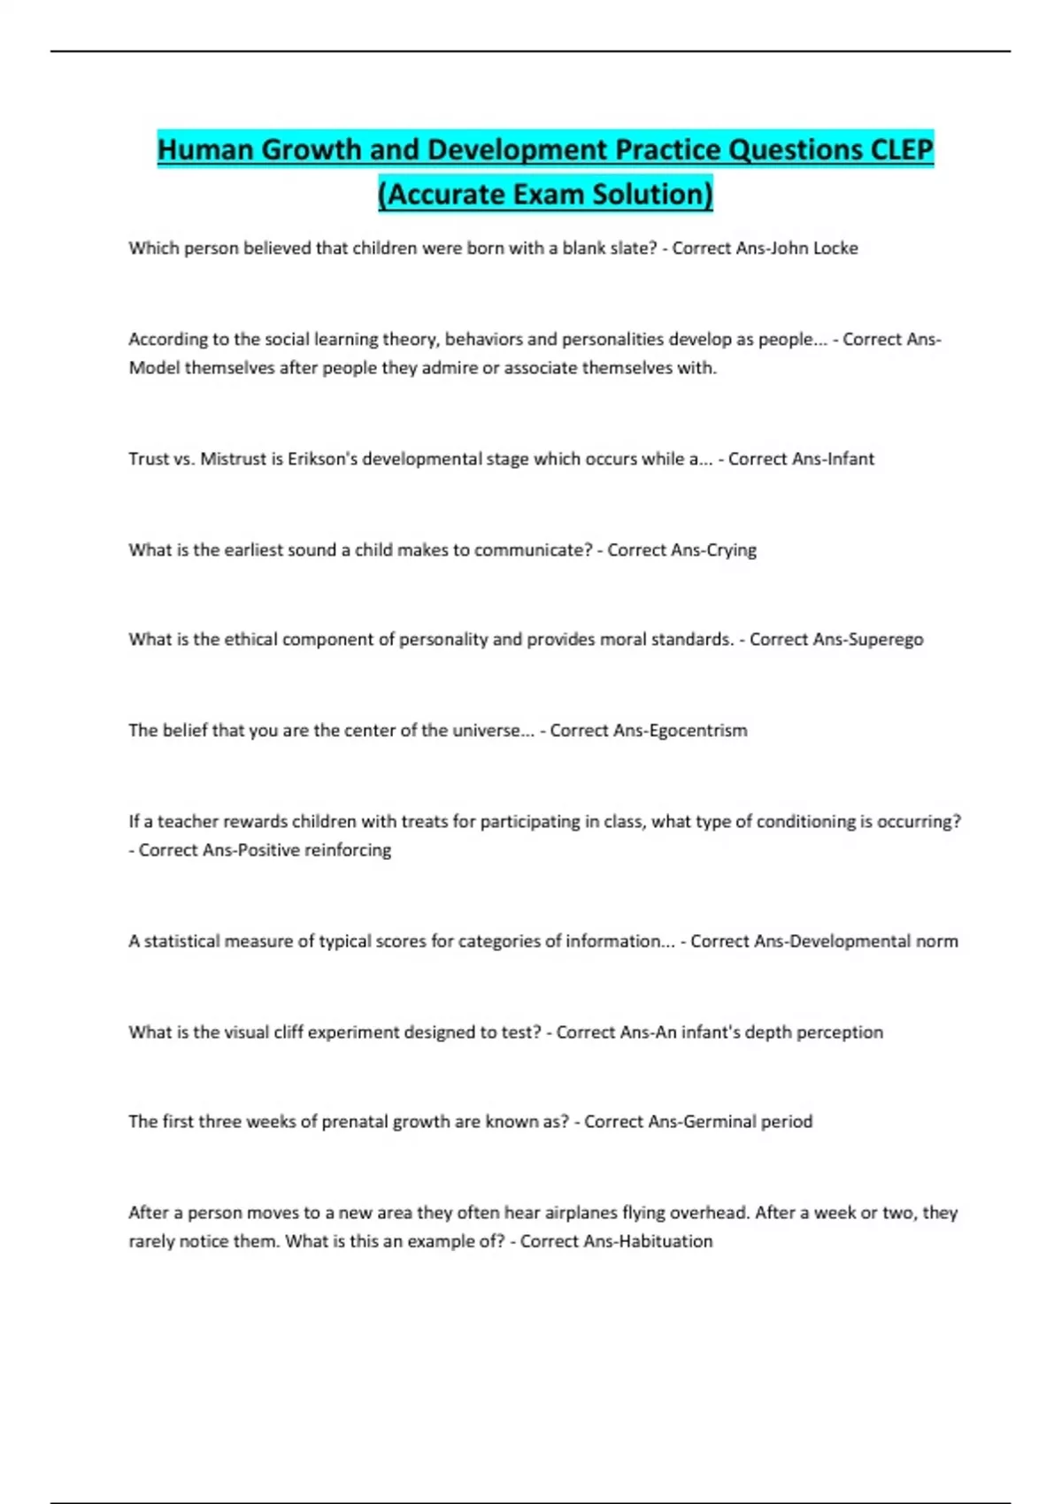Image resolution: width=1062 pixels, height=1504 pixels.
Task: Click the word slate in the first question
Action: [x=631, y=249]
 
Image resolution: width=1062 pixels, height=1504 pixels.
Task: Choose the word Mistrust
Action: [x=233, y=459]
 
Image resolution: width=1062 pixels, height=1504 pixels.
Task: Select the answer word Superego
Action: [x=885, y=640]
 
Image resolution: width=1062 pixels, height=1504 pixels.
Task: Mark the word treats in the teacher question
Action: [x=424, y=822]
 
